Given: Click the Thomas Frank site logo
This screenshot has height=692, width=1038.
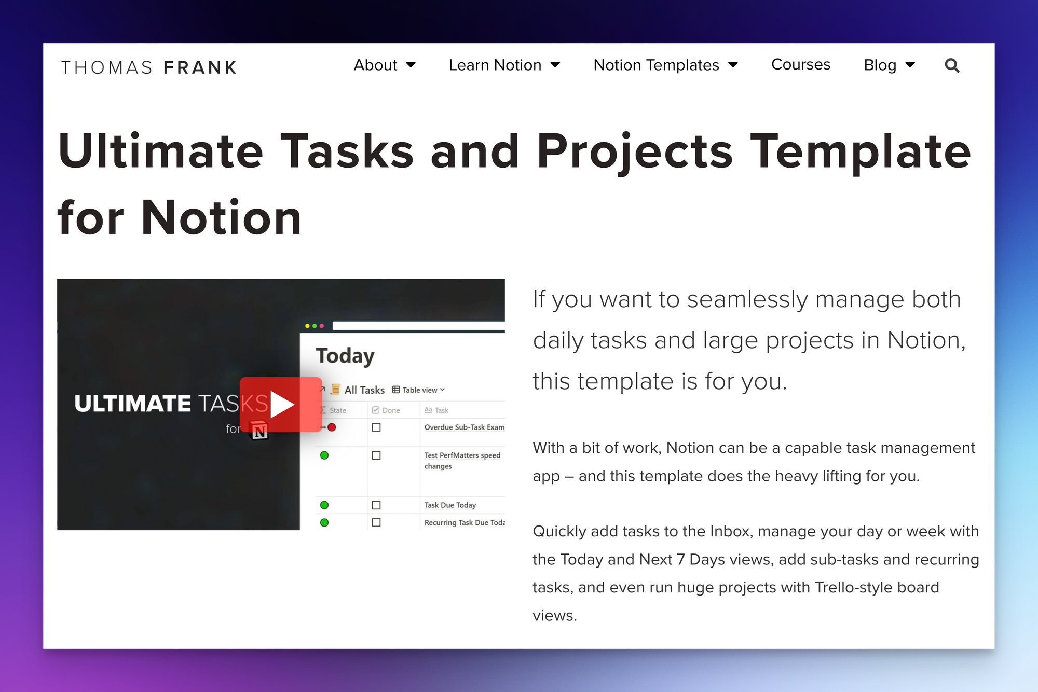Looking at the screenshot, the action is click(149, 67).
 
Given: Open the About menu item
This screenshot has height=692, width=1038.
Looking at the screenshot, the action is click(385, 65).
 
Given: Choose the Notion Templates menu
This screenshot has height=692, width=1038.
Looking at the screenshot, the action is click(666, 65).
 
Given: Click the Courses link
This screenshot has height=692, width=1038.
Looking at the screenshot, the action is click(801, 64).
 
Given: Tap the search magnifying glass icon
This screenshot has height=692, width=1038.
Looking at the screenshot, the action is click(952, 65).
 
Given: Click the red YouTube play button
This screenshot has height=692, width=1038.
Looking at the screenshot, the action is click(281, 405).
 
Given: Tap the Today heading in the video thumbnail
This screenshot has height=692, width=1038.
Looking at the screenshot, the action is click(345, 356).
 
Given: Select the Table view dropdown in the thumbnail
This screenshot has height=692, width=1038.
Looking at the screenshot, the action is click(419, 390).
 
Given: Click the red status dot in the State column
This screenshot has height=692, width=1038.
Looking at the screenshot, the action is click(332, 427).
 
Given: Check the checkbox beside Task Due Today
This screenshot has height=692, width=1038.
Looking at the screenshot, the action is click(376, 505).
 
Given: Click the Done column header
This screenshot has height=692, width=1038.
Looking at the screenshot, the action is click(386, 410).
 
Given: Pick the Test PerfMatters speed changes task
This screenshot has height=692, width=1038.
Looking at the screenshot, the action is click(462, 461).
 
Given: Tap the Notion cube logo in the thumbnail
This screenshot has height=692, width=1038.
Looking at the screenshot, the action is click(259, 431).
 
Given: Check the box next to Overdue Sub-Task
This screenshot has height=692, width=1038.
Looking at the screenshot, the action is click(376, 427).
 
